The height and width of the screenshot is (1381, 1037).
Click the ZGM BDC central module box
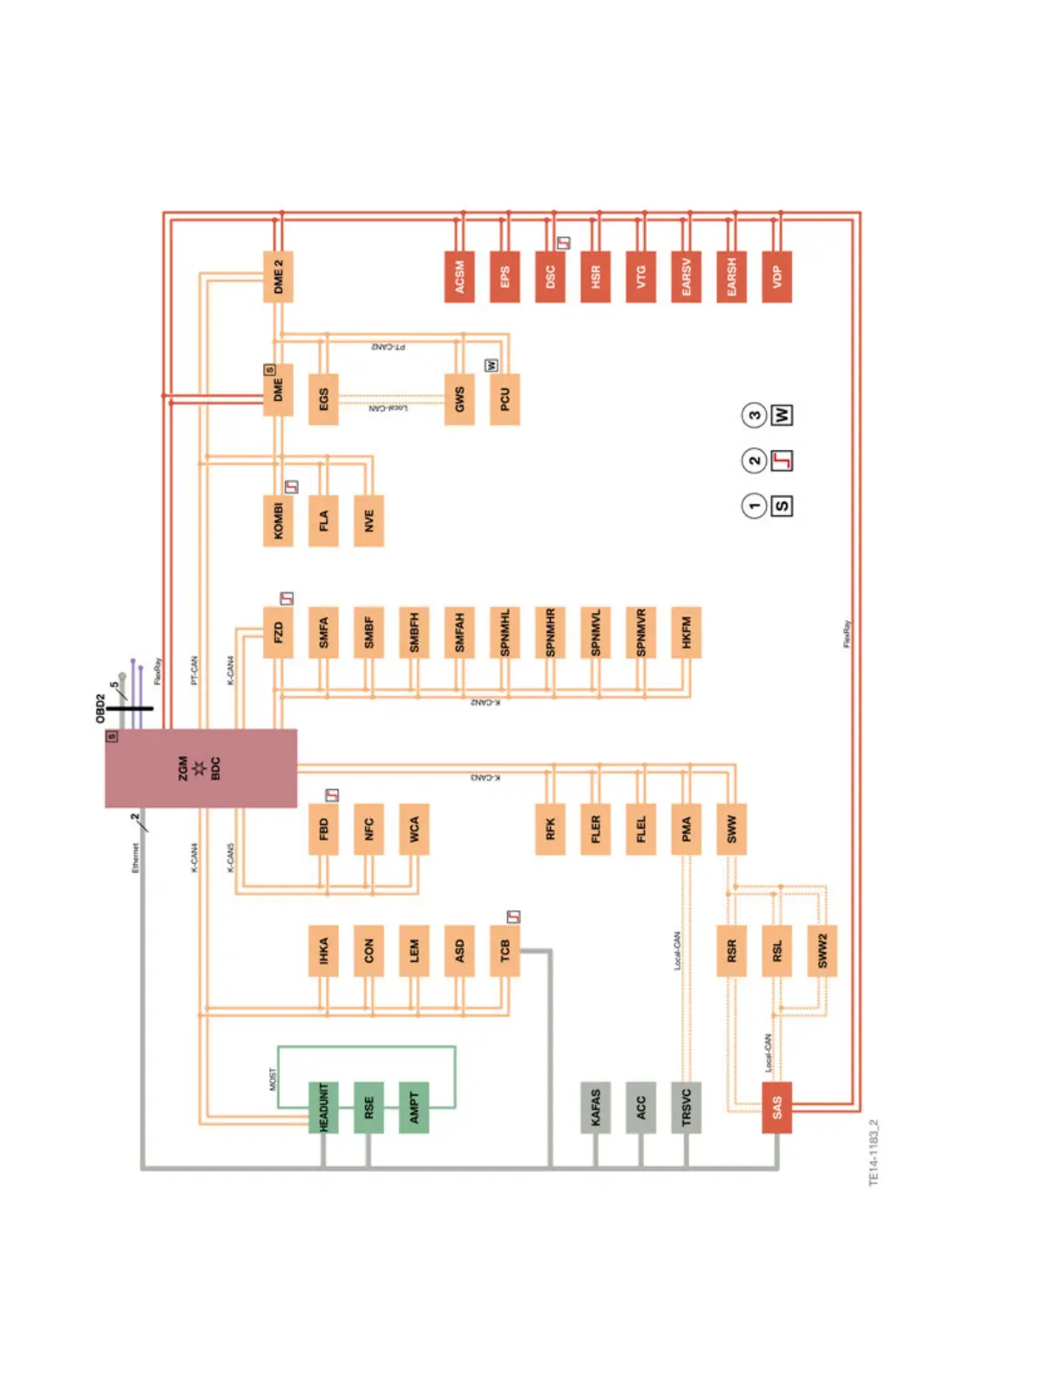click(x=200, y=768)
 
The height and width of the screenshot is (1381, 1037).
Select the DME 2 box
click(x=278, y=276)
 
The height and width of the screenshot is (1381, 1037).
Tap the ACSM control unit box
click(x=459, y=276)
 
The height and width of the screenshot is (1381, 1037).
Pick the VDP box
click(x=776, y=276)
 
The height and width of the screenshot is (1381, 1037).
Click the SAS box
click(x=776, y=1107)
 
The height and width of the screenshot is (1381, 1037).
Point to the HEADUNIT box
click(x=323, y=1107)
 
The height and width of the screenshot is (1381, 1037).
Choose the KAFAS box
click(x=595, y=1107)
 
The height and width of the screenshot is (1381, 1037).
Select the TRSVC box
click(x=686, y=1107)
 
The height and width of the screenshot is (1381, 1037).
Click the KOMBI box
click(x=278, y=520)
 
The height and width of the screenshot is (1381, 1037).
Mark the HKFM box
click(x=686, y=632)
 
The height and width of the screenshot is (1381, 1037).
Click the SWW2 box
click(x=822, y=950)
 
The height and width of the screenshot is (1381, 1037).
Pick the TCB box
click(x=505, y=950)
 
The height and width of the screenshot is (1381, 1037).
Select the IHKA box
click(x=323, y=950)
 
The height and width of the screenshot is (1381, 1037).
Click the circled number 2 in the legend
click(x=754, y=460)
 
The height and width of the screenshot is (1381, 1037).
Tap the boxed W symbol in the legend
click(x=782, y=415)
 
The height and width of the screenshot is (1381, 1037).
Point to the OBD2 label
click(x=100, y=708)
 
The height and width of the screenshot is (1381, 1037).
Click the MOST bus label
click(x=273, y=1079)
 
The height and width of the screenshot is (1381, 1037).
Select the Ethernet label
click(x=135, y=857)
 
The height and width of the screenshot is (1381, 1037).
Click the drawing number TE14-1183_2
click(x=874, y=1153)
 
